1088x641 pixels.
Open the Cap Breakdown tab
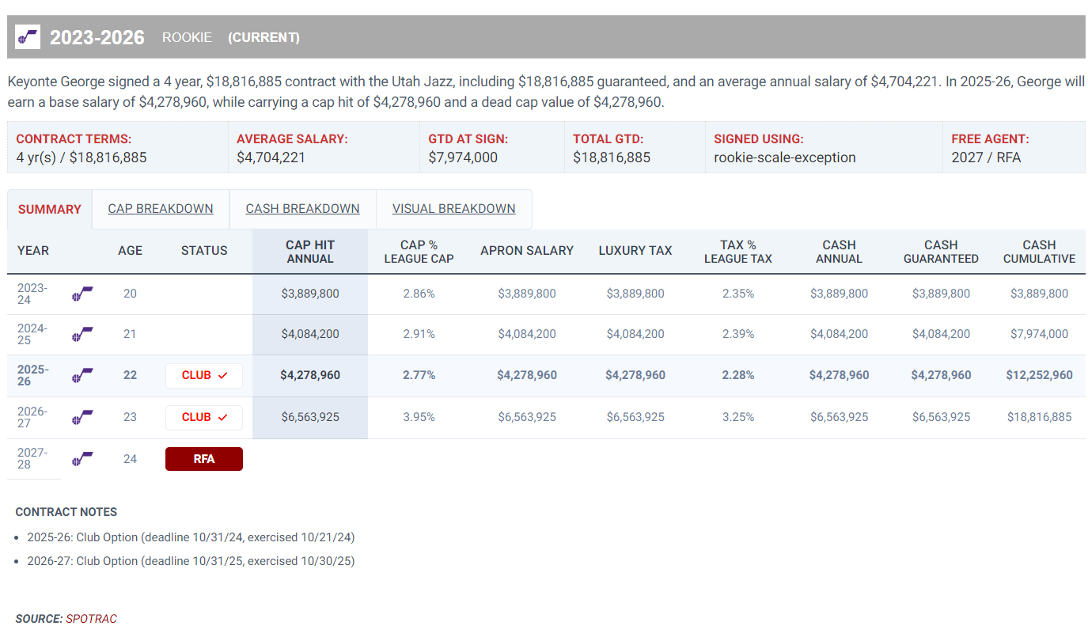click(x=161, y=209)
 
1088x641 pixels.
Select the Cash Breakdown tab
click(x=302, y=209)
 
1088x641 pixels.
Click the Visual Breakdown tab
click(x=453, y=209)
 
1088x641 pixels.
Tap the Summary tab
click(x=50, y=210)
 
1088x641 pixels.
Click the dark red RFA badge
click(x=204, y=459)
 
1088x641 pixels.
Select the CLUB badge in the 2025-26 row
click(x=204, y=376)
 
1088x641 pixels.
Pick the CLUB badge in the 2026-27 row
click(x=204, y=417)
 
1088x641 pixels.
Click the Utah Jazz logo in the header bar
click(x=28, y=36)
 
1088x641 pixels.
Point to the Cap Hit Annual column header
click(x=310, y=252)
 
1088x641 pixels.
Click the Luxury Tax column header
click(x=635, y=251)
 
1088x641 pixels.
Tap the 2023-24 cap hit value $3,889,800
click(x=310, y=294)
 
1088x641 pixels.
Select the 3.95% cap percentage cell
click(x=419, y=417)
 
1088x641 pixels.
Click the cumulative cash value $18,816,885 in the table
click(x=1039, y=417)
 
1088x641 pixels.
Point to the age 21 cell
click(x=130, y=334)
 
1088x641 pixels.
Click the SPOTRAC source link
click(x=91, y=619)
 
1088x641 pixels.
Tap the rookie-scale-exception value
click(x=785, y=157)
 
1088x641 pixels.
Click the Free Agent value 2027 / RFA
click(x=986, y=157)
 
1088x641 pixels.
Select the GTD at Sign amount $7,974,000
click(x=463, y=157)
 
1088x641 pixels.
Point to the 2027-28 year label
click(x=32, y=458)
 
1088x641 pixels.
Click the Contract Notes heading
click(x=66, y=512)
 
